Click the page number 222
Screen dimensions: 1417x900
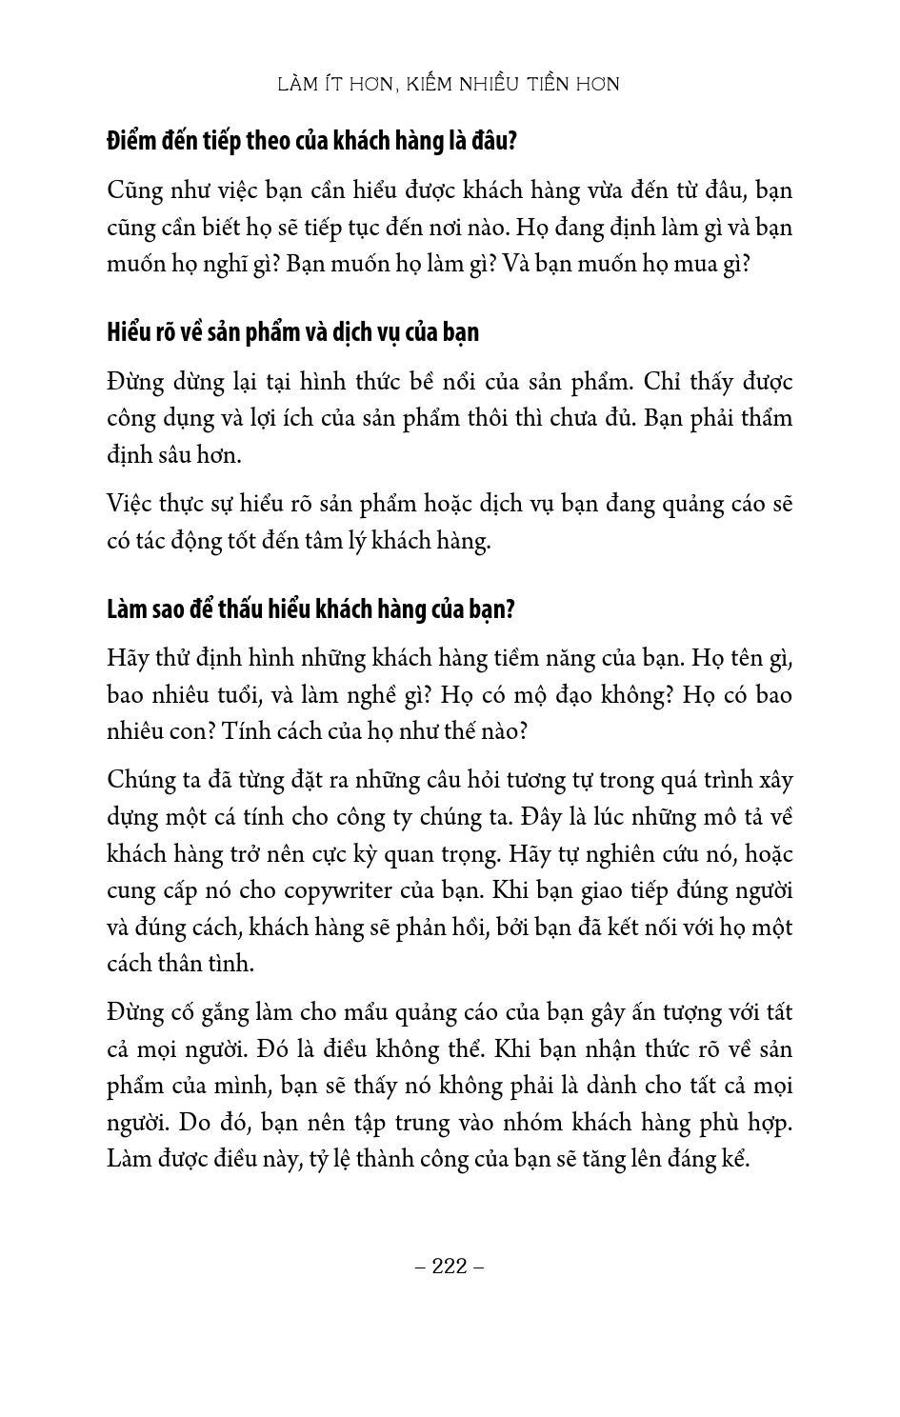click(x=450, y=1266)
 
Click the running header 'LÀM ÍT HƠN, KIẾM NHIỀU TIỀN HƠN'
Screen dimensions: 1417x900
click(x=449, y=84)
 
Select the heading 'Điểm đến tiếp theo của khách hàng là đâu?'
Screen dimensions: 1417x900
click(x=311, y=141)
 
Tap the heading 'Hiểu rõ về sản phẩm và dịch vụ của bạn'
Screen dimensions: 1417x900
click(x=292, y=332)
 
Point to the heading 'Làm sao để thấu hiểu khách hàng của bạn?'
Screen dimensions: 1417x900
click(x=310, y=609)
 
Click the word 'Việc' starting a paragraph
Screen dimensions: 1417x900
click(x=129, y=504)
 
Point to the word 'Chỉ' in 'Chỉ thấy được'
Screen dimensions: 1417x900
click(x=660, y=382)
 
